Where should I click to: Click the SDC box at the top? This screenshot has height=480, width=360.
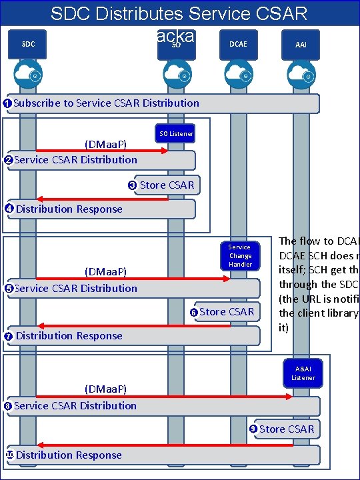point(29,44)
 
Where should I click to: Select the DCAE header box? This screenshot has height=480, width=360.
point(238,44)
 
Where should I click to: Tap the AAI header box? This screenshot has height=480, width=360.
point(301,45)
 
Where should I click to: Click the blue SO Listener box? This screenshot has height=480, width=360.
point(176,134)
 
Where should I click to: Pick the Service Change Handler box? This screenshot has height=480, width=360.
point(240,255)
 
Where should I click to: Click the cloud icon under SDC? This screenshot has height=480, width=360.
point(29,74)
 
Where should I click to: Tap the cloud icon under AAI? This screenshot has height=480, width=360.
point(301,74)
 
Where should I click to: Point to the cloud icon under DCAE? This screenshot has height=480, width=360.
point(238,74)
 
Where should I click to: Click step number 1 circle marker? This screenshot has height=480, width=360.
point(7,103)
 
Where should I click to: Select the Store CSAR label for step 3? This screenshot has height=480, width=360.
point(167,185)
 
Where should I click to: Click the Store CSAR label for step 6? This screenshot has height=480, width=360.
point(227,311)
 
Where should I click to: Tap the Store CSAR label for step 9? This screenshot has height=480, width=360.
point(286,429)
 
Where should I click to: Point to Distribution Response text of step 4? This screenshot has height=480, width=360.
point(69,209)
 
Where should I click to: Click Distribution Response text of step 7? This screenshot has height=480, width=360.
point(69,336)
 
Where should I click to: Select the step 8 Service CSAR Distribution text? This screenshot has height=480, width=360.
point(75,405)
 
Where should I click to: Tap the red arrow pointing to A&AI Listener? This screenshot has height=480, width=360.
point(163,396)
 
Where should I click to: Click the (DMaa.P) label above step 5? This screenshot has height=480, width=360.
point(105,271)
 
